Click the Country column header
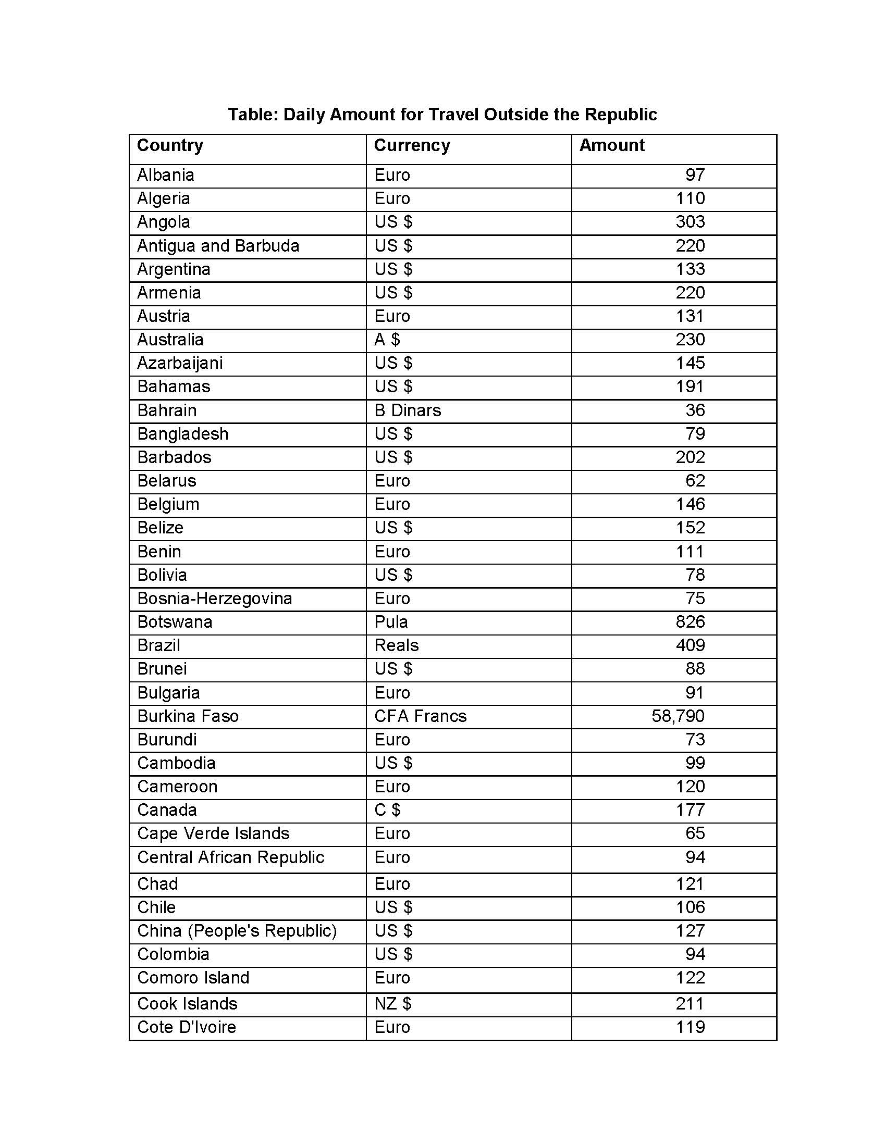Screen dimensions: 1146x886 pos(169,145)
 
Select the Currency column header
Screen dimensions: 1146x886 pos(412,145)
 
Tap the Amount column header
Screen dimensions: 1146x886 pos(611,145)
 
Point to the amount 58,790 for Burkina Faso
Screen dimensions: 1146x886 pos(678,716)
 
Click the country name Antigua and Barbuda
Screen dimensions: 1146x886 pos(218,245)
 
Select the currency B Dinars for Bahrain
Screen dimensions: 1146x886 pos(408,410)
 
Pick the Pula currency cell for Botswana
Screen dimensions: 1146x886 pos(391,622)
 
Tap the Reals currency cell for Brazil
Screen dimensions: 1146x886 pos(396,645)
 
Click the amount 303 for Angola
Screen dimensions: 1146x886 pos(690,222)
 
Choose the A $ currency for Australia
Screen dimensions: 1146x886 pos(387,340)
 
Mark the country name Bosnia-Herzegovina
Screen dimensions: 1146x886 pos(214,598)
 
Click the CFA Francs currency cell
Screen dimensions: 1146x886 pos(420,716)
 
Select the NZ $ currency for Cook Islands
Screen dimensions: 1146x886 pos(392,1003)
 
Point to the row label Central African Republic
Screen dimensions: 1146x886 pos(230,857)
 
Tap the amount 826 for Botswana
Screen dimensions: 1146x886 pos(690,622)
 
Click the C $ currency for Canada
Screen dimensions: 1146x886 pos(387,810)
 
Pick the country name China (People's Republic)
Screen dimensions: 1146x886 pos(237,931)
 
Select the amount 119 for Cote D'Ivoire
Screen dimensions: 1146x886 pos(690,1027)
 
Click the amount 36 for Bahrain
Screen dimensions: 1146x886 pos(695,410)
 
